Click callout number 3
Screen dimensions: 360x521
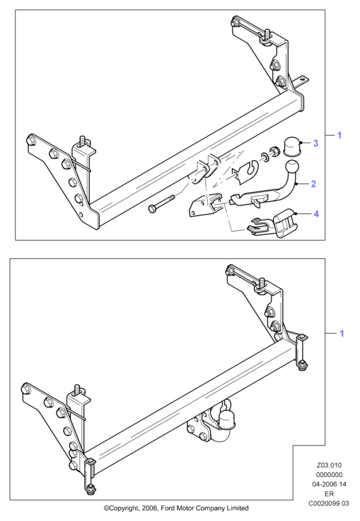click(315, 143)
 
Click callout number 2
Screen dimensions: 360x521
click(313, 184)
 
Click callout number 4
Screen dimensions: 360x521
click(316, 214)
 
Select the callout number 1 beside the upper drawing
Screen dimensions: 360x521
click(340, 135)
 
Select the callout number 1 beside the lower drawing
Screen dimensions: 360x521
click(342, 334)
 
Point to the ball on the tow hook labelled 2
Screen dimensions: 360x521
click(292, 167)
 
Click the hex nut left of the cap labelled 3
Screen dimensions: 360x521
click(274, 151)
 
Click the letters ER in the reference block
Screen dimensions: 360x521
click(329, 494)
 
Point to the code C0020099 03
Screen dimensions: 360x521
click(329, 503)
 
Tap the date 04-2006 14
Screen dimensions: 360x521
click(329, 484)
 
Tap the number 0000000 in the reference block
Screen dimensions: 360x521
click(329, 475)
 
